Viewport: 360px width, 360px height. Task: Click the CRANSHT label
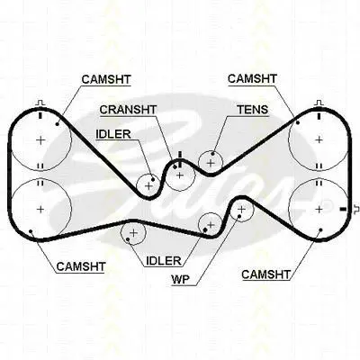tap(128, 110)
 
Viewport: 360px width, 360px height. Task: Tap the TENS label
tap(252, 110)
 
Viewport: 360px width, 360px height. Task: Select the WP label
tap(181, 280)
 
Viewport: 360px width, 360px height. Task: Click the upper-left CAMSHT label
tap(106, 79)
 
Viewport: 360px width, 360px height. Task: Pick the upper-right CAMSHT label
tap(252, 78)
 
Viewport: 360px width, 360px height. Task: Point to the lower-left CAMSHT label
tap(81, 266)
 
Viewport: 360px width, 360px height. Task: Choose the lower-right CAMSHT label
tap(265, 274)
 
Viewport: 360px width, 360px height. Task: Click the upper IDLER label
tap(113, 134)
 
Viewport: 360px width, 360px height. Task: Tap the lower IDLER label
tap(164, 261)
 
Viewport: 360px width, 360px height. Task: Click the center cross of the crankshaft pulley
tap(180, 175)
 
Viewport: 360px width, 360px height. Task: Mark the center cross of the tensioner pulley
tap(211, 163)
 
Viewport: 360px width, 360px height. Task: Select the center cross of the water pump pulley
tap(241, 209)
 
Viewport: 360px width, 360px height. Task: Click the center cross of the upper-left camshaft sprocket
tap(41, 139)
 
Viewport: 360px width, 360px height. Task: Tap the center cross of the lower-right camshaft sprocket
tap(319, 209)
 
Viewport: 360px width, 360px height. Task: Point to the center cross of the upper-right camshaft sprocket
tap(319, 139)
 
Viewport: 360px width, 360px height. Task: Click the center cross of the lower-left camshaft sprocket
tap(40, 209)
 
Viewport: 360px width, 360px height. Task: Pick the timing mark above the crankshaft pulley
tap(180, 158)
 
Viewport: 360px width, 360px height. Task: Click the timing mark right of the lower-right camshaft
tap(344, 209)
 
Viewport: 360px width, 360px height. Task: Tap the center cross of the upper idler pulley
tap(148, 186)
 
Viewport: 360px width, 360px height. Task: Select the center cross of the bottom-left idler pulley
tap(133, 232)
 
